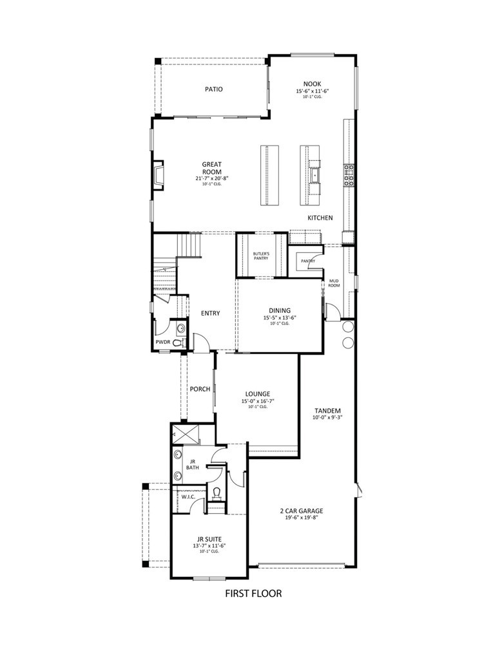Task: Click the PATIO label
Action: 214,89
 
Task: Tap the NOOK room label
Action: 313,84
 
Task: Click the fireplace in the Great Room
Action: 158,174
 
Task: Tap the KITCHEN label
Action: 320,218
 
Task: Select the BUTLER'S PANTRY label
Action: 261,256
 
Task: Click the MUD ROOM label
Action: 334,283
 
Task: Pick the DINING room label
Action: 280,310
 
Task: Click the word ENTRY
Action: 210,314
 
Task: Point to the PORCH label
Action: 200,389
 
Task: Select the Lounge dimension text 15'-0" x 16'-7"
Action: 257,401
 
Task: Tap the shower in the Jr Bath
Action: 179,434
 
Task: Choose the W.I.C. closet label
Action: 188,496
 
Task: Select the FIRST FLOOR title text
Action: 253,593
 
